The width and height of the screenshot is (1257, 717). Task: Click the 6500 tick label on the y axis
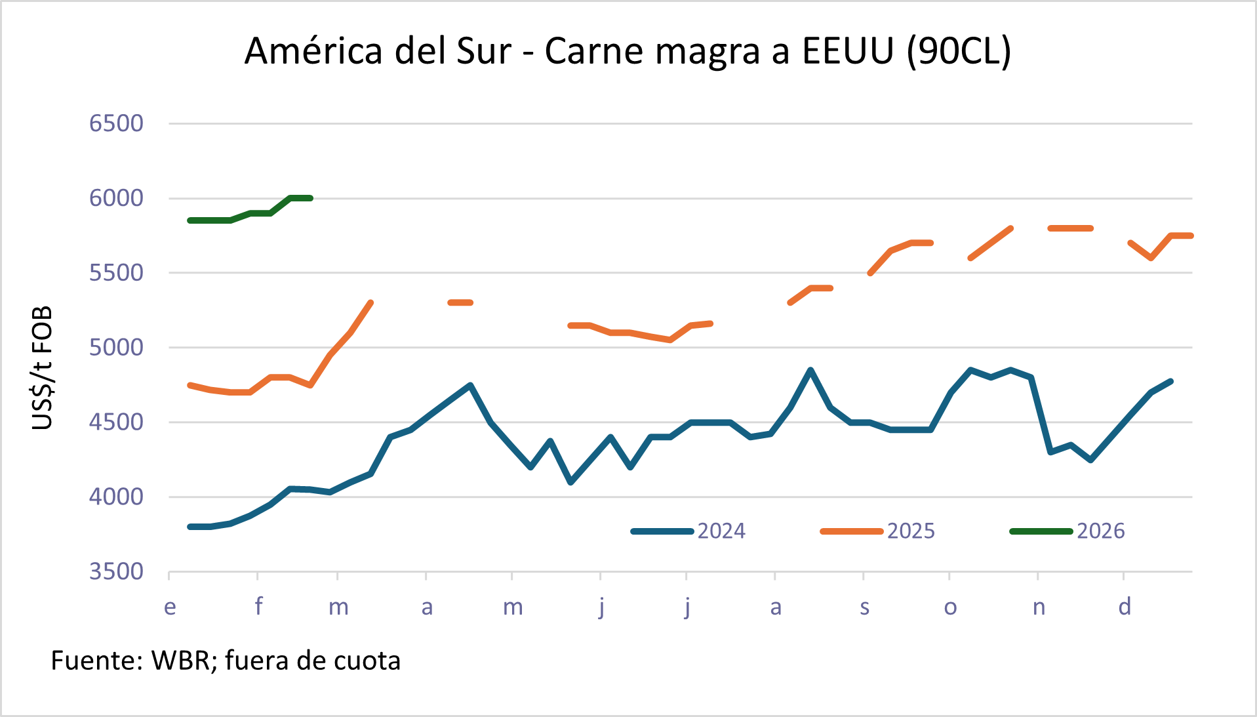pos(116,123)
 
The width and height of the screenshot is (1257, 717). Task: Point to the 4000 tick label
pos(116,497)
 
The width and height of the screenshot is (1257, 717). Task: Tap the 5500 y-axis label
pos(116,273)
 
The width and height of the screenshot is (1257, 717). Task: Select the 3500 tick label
pos(116,571)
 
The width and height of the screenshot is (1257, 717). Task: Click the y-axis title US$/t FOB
pos(42,368)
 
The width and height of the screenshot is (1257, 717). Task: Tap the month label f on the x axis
pos(258,607)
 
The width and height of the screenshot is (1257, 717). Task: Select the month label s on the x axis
pos(864,607)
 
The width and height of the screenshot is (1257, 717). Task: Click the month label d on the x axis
pos(1125,607)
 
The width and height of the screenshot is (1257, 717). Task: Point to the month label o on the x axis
pos(950,607)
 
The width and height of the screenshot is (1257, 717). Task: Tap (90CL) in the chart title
pos(959,51)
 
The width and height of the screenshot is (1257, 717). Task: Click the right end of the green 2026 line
pos(310,198)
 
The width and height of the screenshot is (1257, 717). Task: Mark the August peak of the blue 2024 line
pos(810,370)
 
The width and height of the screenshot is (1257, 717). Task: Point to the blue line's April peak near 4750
pos(470,385)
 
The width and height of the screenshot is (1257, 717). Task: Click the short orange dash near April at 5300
pos(460,302)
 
